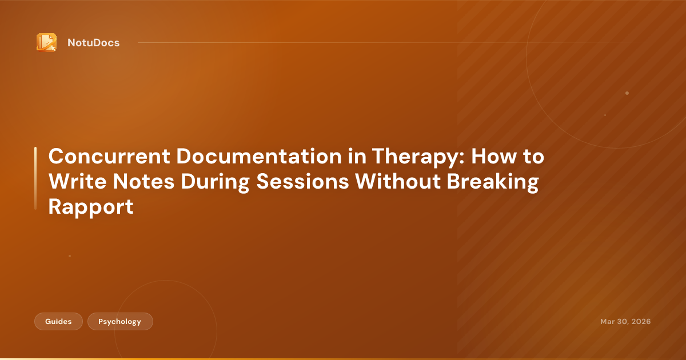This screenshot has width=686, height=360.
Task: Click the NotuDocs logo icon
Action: click(x=46, y=42)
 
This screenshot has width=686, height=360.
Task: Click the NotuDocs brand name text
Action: click(x=93, y=43)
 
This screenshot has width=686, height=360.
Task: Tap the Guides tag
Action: click(x=59, y=322)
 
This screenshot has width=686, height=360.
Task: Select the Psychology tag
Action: click(x=120, y=322)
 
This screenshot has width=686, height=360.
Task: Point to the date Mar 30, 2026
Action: click(x=625, y=322)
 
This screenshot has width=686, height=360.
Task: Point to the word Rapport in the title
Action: click(x=91, y=206)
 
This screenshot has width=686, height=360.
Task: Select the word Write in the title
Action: click(x=74, y=182)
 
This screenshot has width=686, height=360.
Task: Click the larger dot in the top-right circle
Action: click(x=627, y=93)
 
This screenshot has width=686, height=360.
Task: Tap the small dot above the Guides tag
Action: click(x=70, y=256)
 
